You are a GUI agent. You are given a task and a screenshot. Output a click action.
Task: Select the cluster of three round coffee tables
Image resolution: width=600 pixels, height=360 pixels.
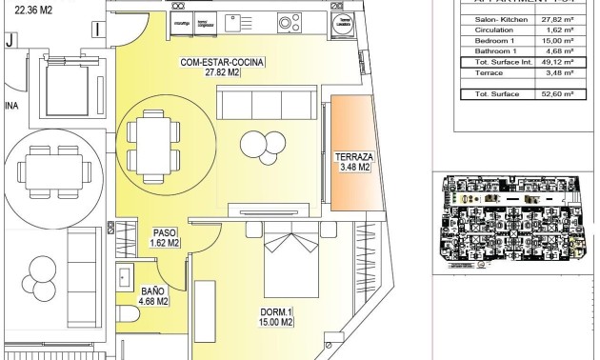click(256, 144)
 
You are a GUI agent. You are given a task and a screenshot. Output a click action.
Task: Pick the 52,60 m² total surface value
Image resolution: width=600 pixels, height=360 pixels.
click(553, 93)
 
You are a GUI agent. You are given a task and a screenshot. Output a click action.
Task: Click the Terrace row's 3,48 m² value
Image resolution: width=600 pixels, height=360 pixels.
click(553, 71)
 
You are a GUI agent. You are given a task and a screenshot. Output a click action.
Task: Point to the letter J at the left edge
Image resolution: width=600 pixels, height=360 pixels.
click(10, 40)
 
